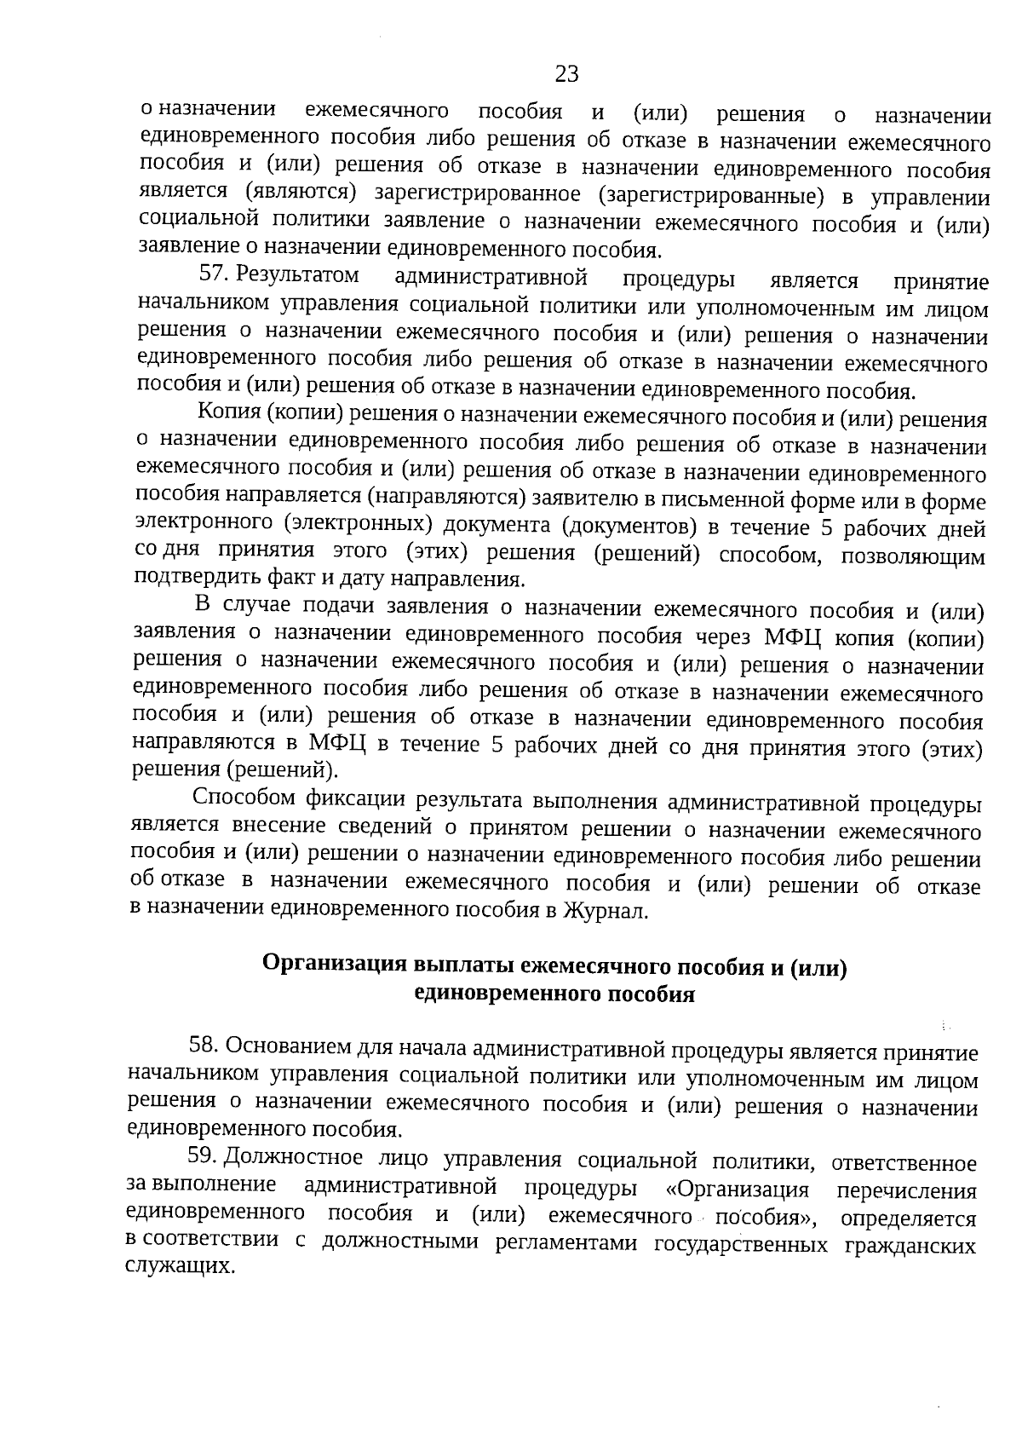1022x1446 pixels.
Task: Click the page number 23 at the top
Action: pos(566,74)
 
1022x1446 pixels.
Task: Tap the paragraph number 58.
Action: pos(204,1045)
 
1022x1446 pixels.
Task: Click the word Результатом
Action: pos(298,275)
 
